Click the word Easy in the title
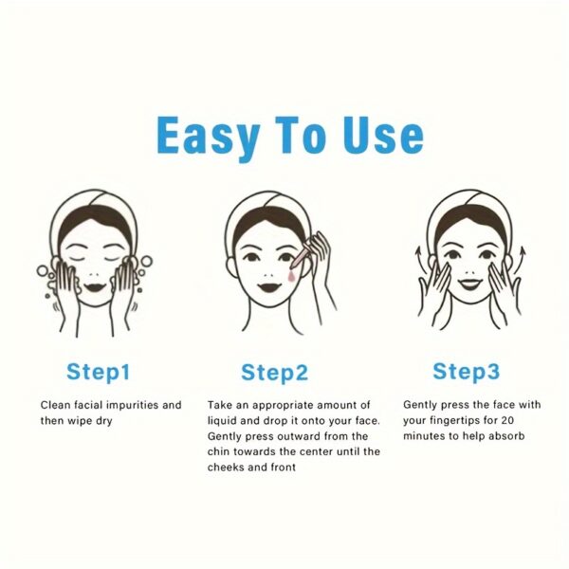(x=208, y=137)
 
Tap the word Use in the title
(x=383, y=135)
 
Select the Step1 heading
(x=99, y=373)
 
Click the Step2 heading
(x=275, y=373)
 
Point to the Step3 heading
(x=467, y=372)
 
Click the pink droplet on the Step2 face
(x=291, y=277)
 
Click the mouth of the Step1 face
(x=95, y=287)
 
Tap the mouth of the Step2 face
(x=269, y=287)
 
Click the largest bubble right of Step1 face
(x=146, y=262)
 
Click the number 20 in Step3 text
(x=507, y=420)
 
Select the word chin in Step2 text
(x=218, y=451)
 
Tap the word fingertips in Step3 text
(x=455, y=421)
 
